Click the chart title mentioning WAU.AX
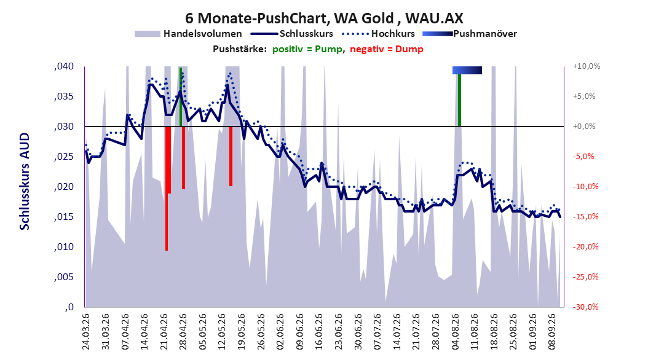pos(324,18)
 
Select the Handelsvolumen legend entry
pos(188,34)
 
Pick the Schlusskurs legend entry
pos(292,34)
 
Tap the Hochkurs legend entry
pos(378,34)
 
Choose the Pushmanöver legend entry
pos(470,34)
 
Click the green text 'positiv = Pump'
pos(307,49)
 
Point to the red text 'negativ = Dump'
pos(387,49)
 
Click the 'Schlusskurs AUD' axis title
pos(25,181)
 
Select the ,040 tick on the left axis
pos(64,66)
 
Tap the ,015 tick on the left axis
pos(64,217)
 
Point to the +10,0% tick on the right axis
pos(587,66)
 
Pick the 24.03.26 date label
pos(86,332)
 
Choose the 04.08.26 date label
pos(456,332)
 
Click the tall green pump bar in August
pos(459,100)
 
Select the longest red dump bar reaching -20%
pos(167,188)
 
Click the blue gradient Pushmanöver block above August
pos(467,70)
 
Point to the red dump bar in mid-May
pos(231,156)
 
